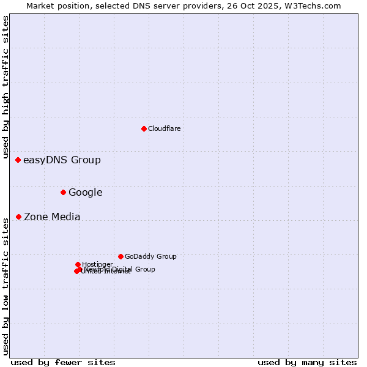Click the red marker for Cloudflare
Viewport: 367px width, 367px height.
pyautogui.click(x=144, y=128)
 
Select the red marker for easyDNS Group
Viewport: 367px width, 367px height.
pyautogui.click(x=18, y=160)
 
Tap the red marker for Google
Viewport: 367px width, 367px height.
pyautogui.click(x=63, y=193)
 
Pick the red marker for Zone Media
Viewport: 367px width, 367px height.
pyautogui.click(x=18, y=217)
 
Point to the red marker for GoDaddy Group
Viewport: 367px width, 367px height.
pyautogui.click(x=120, y=256)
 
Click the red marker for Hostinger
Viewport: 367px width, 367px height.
pyautogui.click(x=78, y=264)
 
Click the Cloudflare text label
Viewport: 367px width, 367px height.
pyautogui.click(x=164, y=128)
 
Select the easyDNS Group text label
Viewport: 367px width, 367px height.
pyautogui.click(x=62, y=160)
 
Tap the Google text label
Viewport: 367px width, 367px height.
pyautogui.click(x=85, y=193)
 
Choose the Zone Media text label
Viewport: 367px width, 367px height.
pyautogui.click(x=52, y=217)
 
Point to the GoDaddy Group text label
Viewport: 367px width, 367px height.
pyautogui.click(x=150, y=256)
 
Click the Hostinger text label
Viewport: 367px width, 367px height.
pyautogui.click(x=97, y=264)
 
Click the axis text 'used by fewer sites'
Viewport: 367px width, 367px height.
pyautogui.click(x=63, y=362)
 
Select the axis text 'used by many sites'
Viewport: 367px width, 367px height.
pyautogui.click(x=307, y=362)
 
